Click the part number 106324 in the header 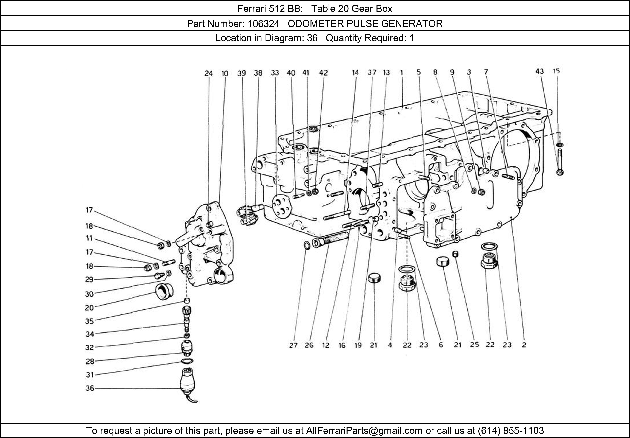pos(263,24)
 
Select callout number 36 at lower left pos(90,388)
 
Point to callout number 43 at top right pos(539,71)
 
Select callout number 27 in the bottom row pos(293,345)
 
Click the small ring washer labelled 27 pos(307,245)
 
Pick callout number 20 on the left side pos(89,308)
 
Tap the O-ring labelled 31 pos(187,361)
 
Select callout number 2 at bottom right pos(524,345)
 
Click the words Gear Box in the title pos(372,9)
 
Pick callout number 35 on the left pos(89,321)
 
